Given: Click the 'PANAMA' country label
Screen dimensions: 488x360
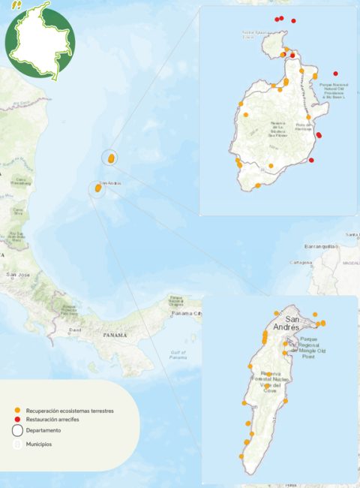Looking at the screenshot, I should pyautogui.click(x=115, y=335).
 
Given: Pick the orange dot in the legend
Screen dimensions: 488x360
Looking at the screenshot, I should pyautogui.click(x=17, y=411).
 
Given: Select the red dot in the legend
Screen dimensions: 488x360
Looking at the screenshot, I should pyautogui.click(x=17, y=420).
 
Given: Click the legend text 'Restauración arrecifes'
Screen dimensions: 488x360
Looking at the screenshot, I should pyautogui.click(x=52, y=420).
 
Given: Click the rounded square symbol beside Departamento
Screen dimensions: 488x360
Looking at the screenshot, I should pyautogui.click(x=17, y=431).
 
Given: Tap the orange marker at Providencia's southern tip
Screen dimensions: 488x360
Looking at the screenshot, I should pyautogui.click(x=257, y=185).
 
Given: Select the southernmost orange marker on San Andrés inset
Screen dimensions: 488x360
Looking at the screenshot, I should pyautogui.click(x=241, y=456).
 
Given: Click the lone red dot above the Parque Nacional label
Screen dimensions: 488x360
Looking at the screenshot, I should pyautogui.click(x=335, y=74).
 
